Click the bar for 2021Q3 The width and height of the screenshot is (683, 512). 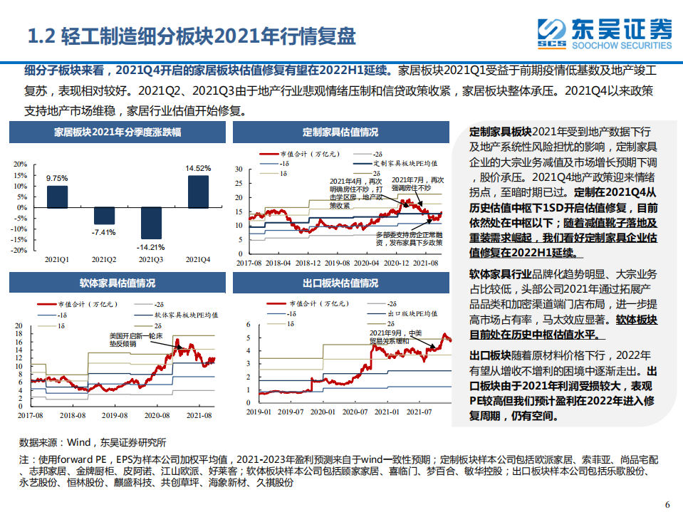[152, 223]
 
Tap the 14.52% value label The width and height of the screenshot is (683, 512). [199, 168]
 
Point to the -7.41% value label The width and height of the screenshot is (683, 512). [105, 232]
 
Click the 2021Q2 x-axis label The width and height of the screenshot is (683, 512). [105, 260]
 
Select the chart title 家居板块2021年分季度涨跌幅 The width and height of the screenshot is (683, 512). [118, 132]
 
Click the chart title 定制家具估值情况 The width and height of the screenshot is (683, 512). [340, 132]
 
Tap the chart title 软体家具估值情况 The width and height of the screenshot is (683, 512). [118, 283]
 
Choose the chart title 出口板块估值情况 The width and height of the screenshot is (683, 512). [340, 283]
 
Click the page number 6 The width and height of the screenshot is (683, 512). [667, 504]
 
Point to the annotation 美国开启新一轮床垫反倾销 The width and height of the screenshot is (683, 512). [130, 339]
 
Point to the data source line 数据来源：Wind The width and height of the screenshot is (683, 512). [93, 442]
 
